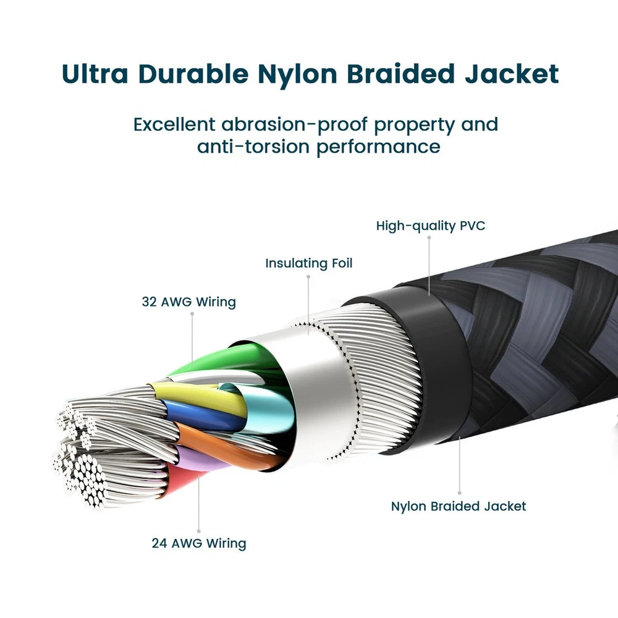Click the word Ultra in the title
tap(95, 74)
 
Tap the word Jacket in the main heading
tap(512, 74)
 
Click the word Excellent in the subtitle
tap(174, 125)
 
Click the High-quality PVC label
tap(431, 226)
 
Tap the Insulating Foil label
tap(308, 263)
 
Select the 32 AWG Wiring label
tap(188, 302)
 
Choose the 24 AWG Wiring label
tap(199, 543)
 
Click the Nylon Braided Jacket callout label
tap(459, 507)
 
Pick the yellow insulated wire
tap(197, 396)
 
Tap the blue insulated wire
tap(201, 416)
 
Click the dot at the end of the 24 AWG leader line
tap(198, 531)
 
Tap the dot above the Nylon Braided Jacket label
tap(460, 493)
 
